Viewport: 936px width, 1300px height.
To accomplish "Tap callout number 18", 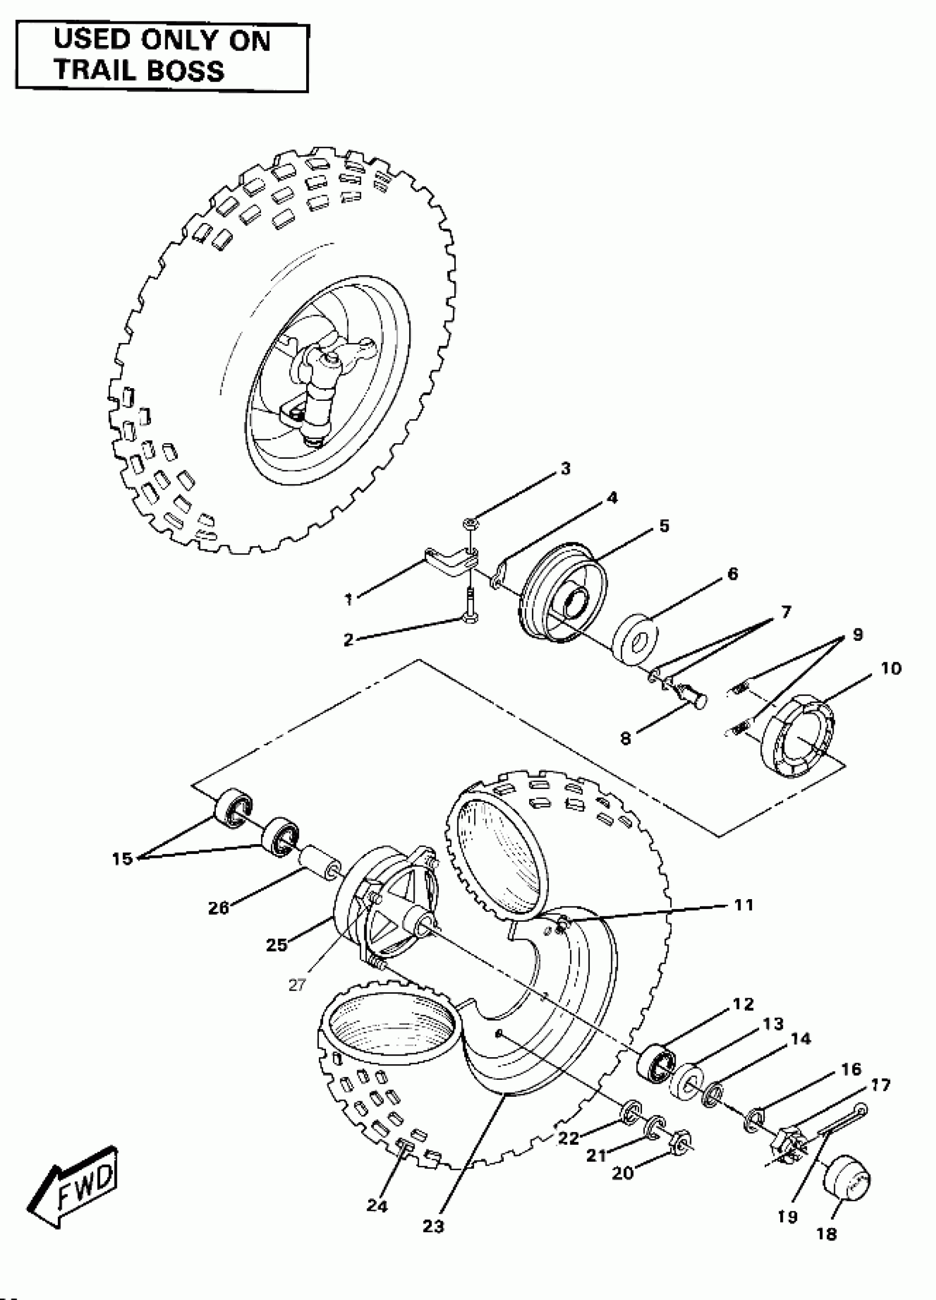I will pos(826,1234).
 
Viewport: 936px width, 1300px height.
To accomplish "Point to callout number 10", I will pos(891,668).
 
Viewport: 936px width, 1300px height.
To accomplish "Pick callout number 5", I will pos(664,526).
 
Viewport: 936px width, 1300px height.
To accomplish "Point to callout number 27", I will pos(297,984).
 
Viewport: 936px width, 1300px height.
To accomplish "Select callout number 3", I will pos(565,469).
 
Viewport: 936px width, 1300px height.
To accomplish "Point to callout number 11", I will pos(743,905).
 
